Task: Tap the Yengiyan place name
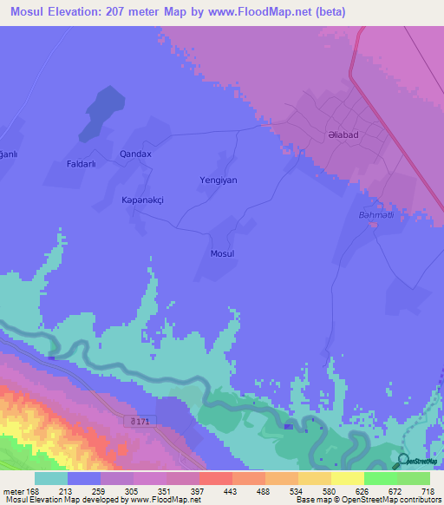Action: click(x=219, y=180)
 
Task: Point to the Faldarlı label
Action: click(x=86, y=163)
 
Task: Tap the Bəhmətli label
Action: click(x=376, y=213)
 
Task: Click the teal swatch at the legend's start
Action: click(x=51, y=478)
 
